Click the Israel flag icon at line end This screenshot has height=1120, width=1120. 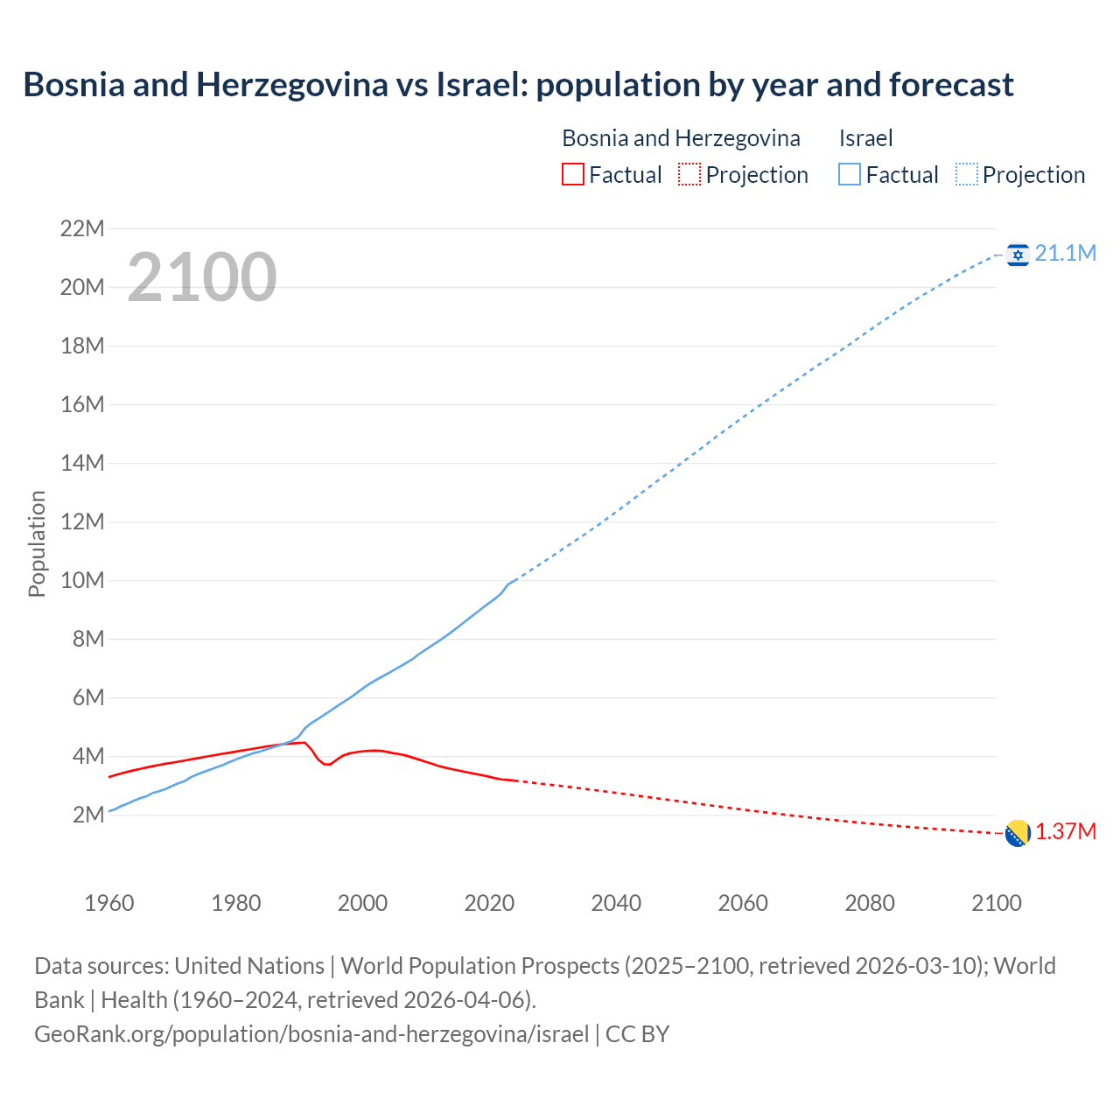pos(1018,255)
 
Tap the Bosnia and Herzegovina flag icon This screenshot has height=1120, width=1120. pos(1018,833)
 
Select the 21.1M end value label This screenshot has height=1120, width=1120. pos(1065,254)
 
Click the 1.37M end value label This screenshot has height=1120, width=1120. pos(1065,832)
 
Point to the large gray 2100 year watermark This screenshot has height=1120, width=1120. pos(202,278)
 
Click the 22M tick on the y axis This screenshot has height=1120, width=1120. pos(82,229)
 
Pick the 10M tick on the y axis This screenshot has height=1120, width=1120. pos(82,581)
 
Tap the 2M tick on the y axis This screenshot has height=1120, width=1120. pos(87,815)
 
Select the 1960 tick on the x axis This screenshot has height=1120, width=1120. pos(109,903)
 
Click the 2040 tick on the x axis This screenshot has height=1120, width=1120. pos(616,903)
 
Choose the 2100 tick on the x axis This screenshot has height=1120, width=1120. pos(996,903)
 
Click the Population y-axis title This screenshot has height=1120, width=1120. pos(37,543)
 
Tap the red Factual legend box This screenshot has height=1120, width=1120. pos(572,175)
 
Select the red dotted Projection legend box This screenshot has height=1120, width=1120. pos(689,175)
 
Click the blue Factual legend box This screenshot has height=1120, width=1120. pos(849,175)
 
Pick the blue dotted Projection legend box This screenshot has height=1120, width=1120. pos(966,175)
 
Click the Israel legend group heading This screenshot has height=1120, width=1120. pos(865,138)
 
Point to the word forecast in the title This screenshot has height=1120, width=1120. pos(951,85)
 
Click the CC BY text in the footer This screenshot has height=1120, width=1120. pos(637,1034)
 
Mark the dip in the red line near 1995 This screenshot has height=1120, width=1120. pos(327,765)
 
